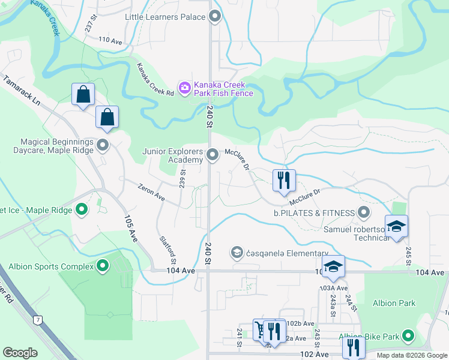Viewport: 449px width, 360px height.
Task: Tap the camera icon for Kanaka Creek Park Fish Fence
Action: point(184,88)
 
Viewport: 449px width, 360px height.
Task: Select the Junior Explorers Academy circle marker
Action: point(212,155)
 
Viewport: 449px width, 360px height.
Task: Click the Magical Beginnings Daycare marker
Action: point(103,145)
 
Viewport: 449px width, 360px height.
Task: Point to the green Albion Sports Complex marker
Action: point(103,265)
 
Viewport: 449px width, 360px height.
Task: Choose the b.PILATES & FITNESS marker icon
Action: point(363,212)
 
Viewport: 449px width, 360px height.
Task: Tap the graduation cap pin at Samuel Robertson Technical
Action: point(396,227)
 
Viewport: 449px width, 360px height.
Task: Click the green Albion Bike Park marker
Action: point(409,335)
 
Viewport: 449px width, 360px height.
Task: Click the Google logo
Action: point(20,353)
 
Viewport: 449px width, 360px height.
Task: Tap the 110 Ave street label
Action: point(110,40)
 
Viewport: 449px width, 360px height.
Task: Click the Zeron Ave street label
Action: point(151,193)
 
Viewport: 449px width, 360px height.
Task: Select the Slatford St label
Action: point(168,248)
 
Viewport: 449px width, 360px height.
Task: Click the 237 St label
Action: point(91,25)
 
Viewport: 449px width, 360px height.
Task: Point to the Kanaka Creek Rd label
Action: point(155,80)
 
